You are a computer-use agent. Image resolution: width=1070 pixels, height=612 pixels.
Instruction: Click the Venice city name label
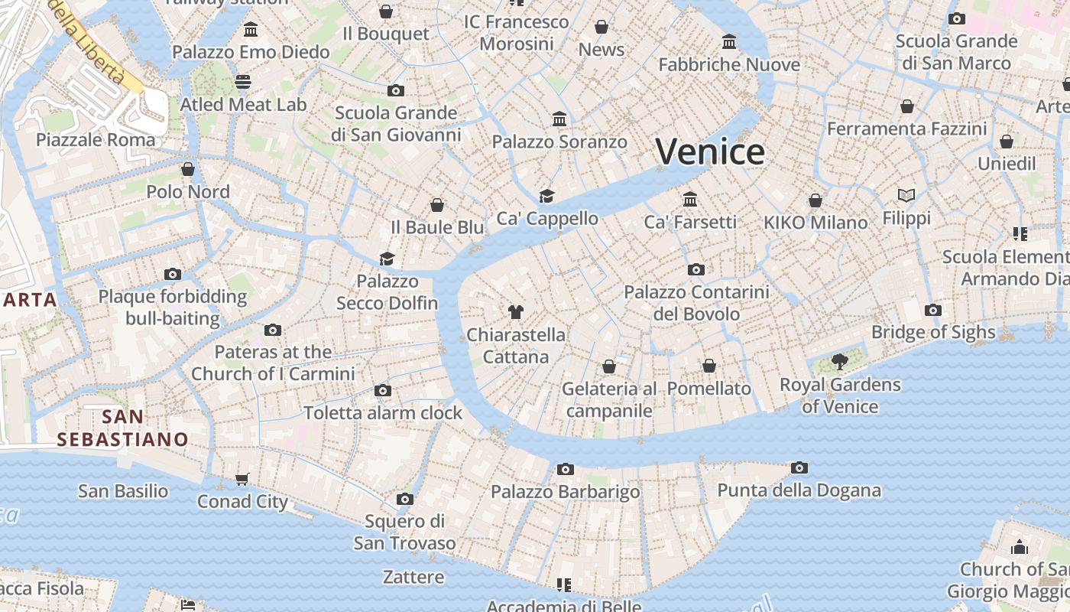tap(710, 151)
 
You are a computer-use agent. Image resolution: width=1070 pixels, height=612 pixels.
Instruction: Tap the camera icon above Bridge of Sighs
tap(932, 310)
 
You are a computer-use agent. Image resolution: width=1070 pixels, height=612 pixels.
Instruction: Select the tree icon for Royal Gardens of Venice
tap(840, 361)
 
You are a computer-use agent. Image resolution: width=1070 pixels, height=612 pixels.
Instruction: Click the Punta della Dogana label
tap(799, 490)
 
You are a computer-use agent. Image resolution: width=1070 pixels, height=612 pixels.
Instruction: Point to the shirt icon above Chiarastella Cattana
tap(516, 311)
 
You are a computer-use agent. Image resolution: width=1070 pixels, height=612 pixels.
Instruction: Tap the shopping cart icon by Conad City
tap(242, 479)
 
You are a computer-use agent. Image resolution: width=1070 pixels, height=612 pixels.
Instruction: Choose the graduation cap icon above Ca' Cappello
tap(546, 196)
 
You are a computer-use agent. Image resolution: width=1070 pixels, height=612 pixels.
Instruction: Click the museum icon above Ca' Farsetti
tap(690, 199)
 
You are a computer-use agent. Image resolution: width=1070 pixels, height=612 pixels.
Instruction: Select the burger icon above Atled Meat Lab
tap(243, 81)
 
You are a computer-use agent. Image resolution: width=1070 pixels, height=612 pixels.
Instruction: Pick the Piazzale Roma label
tap(96, 139)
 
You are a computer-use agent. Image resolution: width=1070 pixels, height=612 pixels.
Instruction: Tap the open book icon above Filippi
tap(906, 196)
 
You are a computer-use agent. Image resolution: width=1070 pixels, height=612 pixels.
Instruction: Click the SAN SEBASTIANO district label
tap(122, 428)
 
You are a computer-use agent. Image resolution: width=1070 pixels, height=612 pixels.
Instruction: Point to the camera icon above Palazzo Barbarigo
tap(565, 469)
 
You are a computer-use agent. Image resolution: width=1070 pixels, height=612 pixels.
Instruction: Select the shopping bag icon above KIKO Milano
tap(815, 200)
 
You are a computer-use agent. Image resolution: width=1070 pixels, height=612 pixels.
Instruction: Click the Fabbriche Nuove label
tap(728, 64)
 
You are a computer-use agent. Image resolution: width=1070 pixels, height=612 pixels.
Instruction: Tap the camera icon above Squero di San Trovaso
tap(405, 500)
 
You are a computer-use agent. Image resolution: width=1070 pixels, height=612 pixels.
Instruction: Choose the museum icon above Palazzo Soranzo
tap(559, 119)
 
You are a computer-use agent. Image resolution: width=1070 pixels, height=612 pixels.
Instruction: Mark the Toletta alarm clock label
tap(383, 413)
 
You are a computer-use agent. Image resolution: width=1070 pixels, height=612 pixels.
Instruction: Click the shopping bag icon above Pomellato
tap(709, 366)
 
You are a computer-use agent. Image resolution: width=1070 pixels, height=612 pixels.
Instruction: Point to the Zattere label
tap(413, 577)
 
